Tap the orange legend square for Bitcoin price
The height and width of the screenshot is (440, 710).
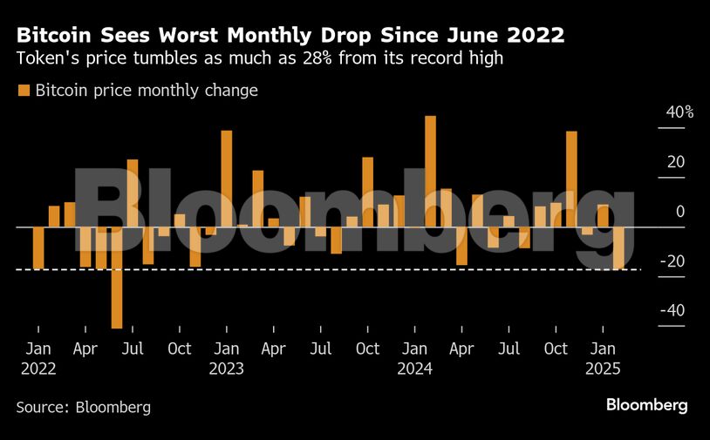click(x=24, y=91)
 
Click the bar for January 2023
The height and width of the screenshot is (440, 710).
click(x=227, y=179)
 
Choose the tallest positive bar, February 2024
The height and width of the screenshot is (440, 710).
click(x=430, y=172)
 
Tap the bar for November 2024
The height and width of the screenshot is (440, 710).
click(x=571, y=179)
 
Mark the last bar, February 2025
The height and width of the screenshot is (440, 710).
click(x=618, y=248)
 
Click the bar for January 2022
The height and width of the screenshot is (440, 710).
click(x=38, y=247)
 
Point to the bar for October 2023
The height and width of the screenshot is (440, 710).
click(x=367, y=193)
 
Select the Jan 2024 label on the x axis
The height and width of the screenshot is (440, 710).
click(x=414, y=358)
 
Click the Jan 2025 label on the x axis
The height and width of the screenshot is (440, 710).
click(x=602, y=358)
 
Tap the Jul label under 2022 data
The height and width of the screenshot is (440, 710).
click(x=133, y=349)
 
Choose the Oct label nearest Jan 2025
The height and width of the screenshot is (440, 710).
click(x=556, y=349)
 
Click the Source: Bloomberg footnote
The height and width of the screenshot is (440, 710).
click(x=83, y=407)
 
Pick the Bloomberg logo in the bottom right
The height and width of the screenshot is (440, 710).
click(x=647, y=405)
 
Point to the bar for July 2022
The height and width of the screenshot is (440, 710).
click(x=133, y=193)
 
